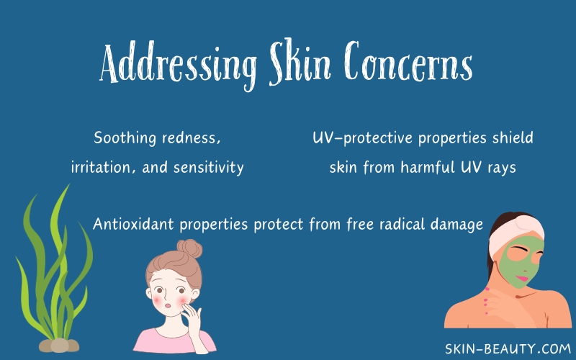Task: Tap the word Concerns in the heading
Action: [x=408, y=61]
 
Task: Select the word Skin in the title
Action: [x=300, y=62]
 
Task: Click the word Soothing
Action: [x=125, y=138]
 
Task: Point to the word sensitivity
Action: [x=209, y=168]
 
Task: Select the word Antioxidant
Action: [x=133, y=224]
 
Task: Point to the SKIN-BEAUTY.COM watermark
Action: [x=508, y=348]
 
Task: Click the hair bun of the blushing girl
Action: [x=189, y=248]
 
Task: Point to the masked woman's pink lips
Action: [x=522, y=278]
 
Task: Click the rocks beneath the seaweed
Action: [x=59, y=346]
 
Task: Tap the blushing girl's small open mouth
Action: [x=167, y=305]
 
